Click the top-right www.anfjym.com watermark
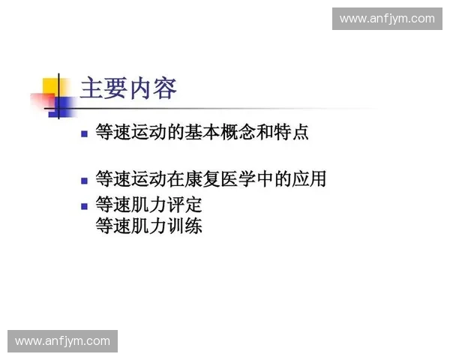(387, 19)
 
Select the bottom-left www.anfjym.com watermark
(63, 341)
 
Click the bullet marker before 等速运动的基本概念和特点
(85, 135)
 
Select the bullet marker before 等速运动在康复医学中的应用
(85, 181)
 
